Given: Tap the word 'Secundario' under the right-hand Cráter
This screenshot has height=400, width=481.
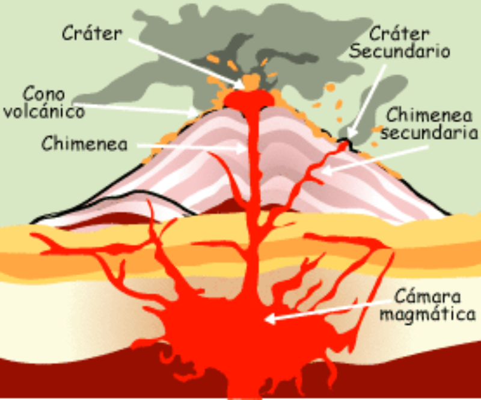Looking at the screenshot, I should [400, 51].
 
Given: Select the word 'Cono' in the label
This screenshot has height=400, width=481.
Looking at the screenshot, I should [44, 94].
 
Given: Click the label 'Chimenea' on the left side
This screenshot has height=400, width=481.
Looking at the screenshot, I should [84, 145].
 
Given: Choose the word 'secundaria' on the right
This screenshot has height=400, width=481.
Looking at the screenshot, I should [429, 133].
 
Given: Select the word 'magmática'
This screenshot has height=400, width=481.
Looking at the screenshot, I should [428, 314].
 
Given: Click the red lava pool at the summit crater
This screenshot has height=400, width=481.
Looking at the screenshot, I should [248, 99].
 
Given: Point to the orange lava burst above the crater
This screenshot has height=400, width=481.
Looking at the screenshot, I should [251, 81].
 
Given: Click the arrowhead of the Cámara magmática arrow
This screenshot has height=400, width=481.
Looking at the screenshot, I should [269, 319].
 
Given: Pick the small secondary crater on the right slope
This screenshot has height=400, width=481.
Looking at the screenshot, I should [344, 143].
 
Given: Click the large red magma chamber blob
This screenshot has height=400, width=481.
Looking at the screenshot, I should [240, 337].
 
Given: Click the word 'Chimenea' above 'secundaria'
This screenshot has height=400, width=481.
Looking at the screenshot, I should [429, 114].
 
